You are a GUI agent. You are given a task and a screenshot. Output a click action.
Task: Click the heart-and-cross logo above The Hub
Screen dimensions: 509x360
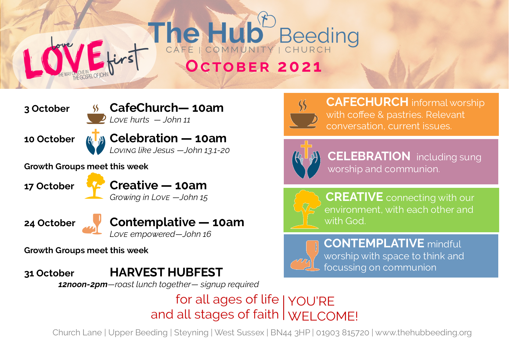click(x=267, y=19)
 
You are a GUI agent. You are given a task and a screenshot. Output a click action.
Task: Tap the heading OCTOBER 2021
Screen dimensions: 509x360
click(x=254, y=66)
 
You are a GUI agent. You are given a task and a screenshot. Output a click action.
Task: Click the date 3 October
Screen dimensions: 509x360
click(x=47, y=109)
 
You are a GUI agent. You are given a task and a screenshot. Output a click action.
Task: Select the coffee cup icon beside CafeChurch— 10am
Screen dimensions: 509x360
click(x=96, y=114)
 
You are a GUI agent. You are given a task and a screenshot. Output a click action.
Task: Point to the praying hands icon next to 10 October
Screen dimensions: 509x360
click(x=95, y=142)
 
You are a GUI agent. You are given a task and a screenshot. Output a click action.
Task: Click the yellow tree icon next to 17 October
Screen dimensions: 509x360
click(x=95, y=186)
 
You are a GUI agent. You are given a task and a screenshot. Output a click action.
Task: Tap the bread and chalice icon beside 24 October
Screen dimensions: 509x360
click(x=92, y=224)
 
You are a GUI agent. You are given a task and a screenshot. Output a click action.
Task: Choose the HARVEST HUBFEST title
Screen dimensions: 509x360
click(x=166, y=272)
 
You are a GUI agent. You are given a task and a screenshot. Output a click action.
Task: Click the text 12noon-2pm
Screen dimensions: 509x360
click(x=83, y=285)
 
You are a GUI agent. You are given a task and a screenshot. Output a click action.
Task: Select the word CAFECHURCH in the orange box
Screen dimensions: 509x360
click(x=367, y=102)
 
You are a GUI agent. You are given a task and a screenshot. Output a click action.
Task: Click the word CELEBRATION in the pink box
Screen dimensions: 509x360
click(x=369, y=156)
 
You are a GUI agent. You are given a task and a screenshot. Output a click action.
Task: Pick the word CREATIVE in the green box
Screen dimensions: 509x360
click(x=354, y=197)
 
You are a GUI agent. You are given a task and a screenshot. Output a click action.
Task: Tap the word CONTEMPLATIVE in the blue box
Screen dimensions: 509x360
click(x=374, y=243)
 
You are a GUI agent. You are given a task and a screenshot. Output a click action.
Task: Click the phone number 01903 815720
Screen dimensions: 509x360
click(x=342, y=332)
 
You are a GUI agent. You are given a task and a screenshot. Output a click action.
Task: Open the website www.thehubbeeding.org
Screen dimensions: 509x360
click(x=423, y=332)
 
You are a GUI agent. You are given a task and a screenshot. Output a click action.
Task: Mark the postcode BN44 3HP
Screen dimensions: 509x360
click(x=290, y=332)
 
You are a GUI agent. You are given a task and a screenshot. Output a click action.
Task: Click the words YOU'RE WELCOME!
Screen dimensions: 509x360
click(x=323, y=309)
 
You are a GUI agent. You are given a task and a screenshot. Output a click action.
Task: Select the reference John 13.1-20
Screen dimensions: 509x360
click(x=207, y=150)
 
